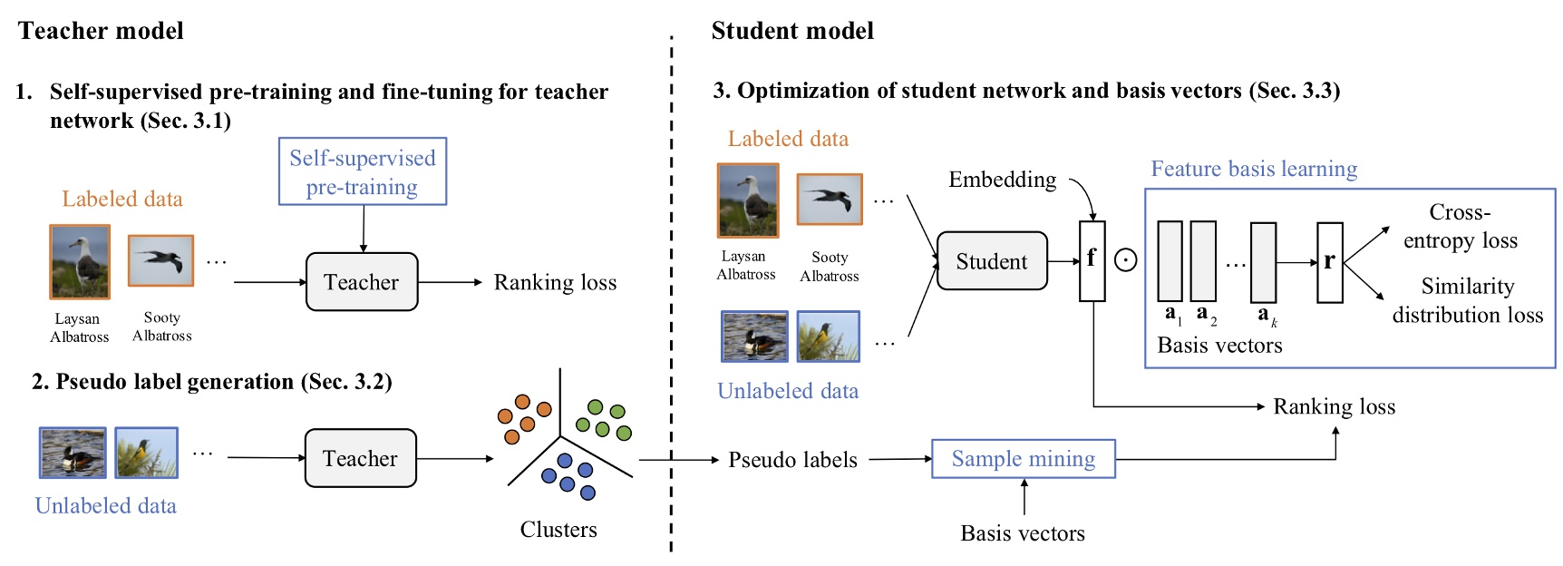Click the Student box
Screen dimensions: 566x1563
pyautogui.click(x=991, y=261)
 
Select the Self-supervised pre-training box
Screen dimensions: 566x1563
pyautogui.click(x=363, y=171)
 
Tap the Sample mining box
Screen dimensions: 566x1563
pyautogui.click(x=1023, y=459)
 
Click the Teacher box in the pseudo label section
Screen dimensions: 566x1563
pyautogui.click(x=360, y=458)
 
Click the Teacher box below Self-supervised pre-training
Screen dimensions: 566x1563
pyautogui.click(x=362, y=282)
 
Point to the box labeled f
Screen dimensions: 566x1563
pyautogui.click(x=1092, y=260)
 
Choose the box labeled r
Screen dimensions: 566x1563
pyautogui.click(x=1329, y=262)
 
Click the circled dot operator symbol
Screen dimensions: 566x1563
pyautogui.click(x=1125, y=261)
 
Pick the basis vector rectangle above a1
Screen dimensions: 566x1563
pyautogui.click(x=1170, y=261)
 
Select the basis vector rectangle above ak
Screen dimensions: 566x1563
pyautogui.click(x=1263, y=261)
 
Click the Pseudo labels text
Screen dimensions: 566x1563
pyautogui.click(x=792, y=460)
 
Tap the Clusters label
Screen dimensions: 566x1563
pyautogui.click(x=558, y=530)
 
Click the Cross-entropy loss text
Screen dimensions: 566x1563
pyautogui.click(x=1460, y=226)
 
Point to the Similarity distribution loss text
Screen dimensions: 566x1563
pyautogui.click(x=1467, y=300)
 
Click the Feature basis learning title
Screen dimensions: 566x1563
pyautogui.click(x=1254, y=169)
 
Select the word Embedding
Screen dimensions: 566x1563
pyautogui.click(x=1002, y=180)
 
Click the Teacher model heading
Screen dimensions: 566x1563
pyautogui.click(x=101, y=31)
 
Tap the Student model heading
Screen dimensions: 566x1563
pyautogui.click(x=792, y=31)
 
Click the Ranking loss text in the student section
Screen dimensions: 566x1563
pyautogui.click(x=1334, y=406)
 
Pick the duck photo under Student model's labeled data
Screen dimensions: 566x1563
pyautogui.click(x=753, y=337)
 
